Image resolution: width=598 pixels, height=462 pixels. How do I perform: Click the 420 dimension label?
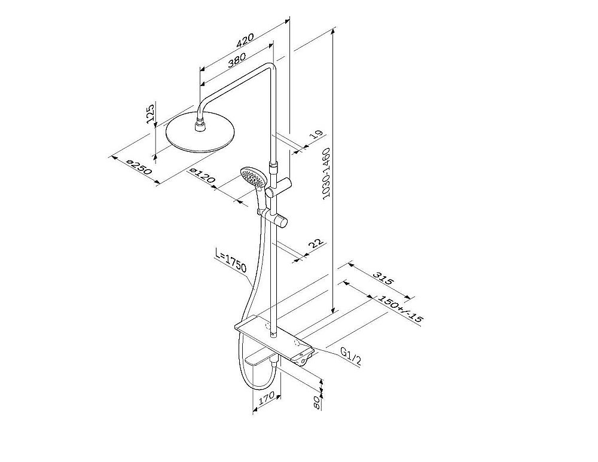pos(245,40)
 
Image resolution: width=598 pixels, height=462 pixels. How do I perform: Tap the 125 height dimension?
pos(150,113)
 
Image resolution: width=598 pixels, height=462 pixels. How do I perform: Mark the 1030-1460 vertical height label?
pos(326,173)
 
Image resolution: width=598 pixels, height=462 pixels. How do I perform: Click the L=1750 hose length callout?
pos(231,261)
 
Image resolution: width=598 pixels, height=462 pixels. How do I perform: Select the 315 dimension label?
pos(383,279)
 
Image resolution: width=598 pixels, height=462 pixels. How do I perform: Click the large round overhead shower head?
pos(200,133)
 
